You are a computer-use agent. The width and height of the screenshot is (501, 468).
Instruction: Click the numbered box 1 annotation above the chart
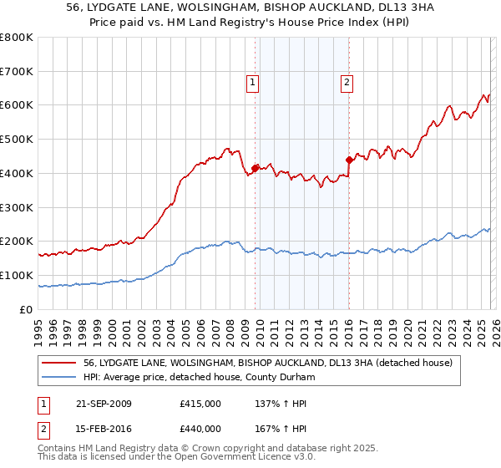[x=252, y=82]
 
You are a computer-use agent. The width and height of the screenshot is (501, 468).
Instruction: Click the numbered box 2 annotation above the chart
[x=346, y=82]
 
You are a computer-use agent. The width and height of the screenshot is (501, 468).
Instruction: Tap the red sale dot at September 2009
[x=255, y=167]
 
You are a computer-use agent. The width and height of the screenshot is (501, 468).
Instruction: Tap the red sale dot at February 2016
[x=349, y=159]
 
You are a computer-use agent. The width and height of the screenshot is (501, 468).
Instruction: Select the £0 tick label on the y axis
[x=27, y=309]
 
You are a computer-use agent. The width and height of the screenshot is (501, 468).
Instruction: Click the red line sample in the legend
[x=60, y=363]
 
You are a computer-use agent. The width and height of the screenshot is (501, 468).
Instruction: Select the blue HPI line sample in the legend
[x=60, y=377]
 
